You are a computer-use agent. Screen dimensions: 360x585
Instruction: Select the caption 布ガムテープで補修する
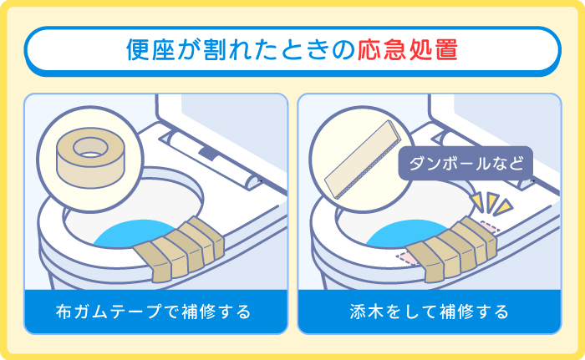pyautogui.click(x=153, y=312)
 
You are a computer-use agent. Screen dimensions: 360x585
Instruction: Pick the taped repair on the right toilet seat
pyautogui.click(x=450, y=249)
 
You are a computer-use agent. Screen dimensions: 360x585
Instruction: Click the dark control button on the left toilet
pyautogui.click(x=207, y=152)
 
